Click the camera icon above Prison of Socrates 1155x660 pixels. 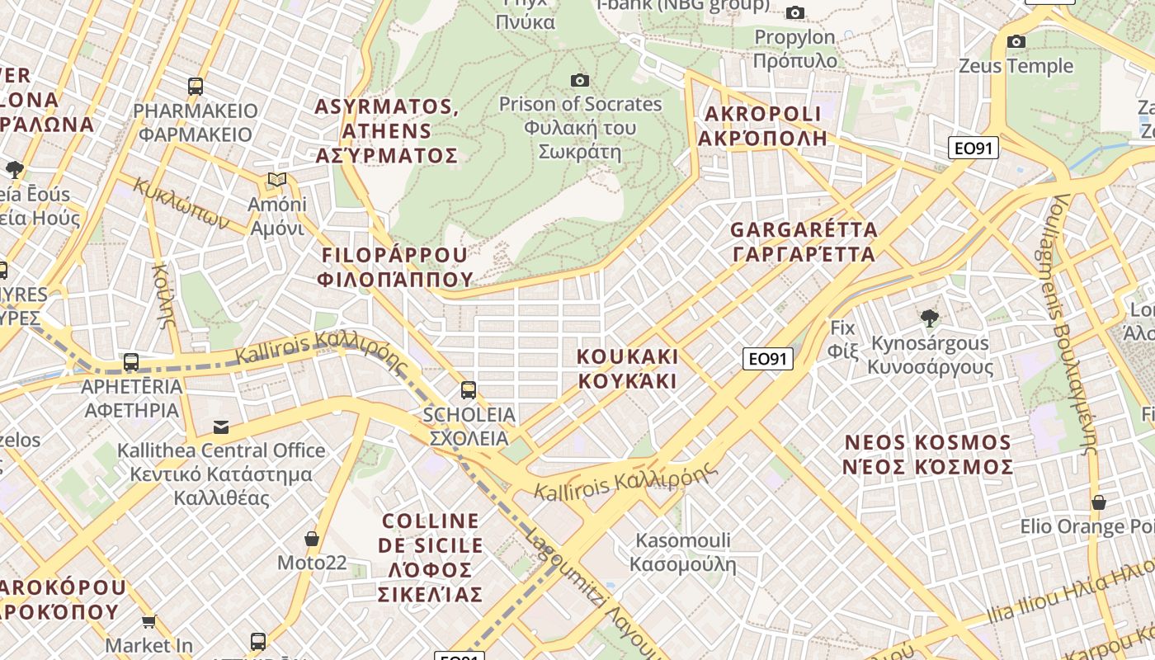[x=580, y=80]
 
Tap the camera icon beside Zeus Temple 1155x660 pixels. [x=1016, y=41]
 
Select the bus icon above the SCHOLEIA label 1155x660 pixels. [x=469, y=389]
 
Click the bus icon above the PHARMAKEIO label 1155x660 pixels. [x=196, y=86]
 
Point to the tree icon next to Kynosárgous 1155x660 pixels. [x=930, y=318]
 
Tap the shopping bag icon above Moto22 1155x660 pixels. [x=312, y=539]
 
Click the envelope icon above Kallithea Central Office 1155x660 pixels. [x=221, y=427]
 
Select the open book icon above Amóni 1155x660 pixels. [x=277, y=180]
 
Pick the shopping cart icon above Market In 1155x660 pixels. [x=148, y=621]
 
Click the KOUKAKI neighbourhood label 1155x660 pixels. [x=627, y=369]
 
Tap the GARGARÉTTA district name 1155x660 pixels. [x=804, y=242]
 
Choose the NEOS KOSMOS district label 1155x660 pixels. [x=928, y=455]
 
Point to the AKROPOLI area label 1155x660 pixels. [x=762, y=125]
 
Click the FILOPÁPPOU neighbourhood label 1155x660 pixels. [x=396, y=266]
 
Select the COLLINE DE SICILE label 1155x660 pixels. [x=431, y=558]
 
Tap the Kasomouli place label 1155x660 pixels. [x=683, y=553]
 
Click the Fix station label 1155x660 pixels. [x=843, y=338]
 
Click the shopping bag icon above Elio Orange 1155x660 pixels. [x=1098, y=502]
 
